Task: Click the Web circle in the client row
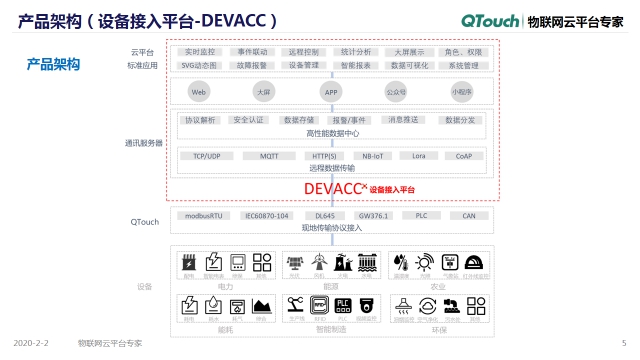click(198, 91)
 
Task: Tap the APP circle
click(331, 91)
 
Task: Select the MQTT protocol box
click(269, 156)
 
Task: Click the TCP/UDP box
click(206, 156)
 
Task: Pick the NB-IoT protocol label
click(372, 156)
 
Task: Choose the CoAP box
click(463, 156)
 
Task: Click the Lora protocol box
click(418, 156)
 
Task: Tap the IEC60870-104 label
click(266, 215)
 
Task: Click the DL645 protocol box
click(324, 215)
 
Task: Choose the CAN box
click(468, 215)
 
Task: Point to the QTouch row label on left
click(145, 221)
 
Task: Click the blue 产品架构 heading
click(53, 64)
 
